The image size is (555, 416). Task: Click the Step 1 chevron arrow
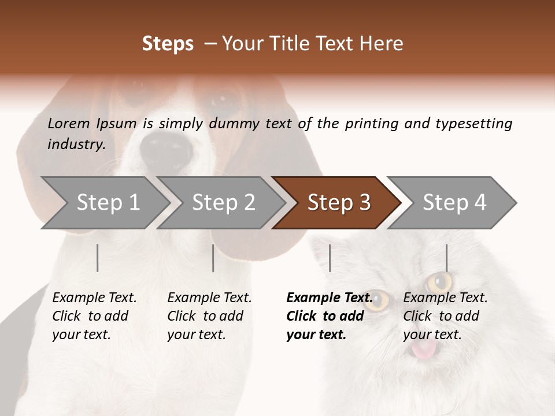tap(108, 203)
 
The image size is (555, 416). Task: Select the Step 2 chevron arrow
tap(223, 203)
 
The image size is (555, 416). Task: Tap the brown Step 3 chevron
tap(339, 203)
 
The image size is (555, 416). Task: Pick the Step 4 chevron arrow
tap(454, 203)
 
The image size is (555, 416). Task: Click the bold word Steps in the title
tap(168, 44)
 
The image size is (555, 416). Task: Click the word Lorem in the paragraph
tap(68, 123)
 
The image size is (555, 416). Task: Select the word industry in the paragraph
tap(75, 144)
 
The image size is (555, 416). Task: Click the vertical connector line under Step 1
tap(98, 258)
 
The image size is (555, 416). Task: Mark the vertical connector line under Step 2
tap(213, 258)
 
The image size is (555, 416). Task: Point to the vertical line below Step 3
tap(330, 258)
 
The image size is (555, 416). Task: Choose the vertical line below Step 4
tap(446, 258)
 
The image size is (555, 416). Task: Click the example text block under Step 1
tap(94, 316)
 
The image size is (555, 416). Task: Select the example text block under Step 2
tap(209, 316)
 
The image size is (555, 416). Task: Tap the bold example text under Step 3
tap(329, 316)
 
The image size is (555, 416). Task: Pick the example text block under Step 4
tap(445, 316)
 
